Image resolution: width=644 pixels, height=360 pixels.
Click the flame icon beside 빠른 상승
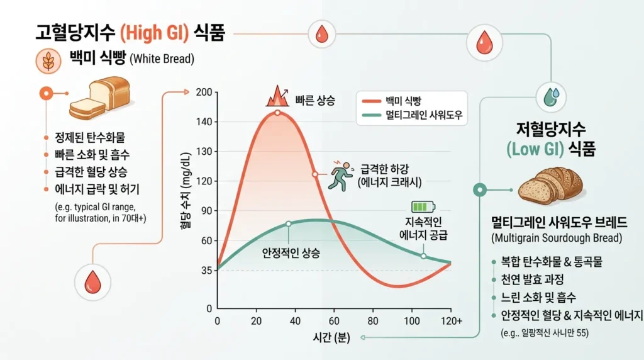275,98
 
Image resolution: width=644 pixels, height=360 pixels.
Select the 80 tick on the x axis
373,321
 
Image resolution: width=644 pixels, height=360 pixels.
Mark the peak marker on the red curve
277,113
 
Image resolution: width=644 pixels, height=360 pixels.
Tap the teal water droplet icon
552,96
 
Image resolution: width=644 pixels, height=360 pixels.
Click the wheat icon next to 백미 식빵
47,62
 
